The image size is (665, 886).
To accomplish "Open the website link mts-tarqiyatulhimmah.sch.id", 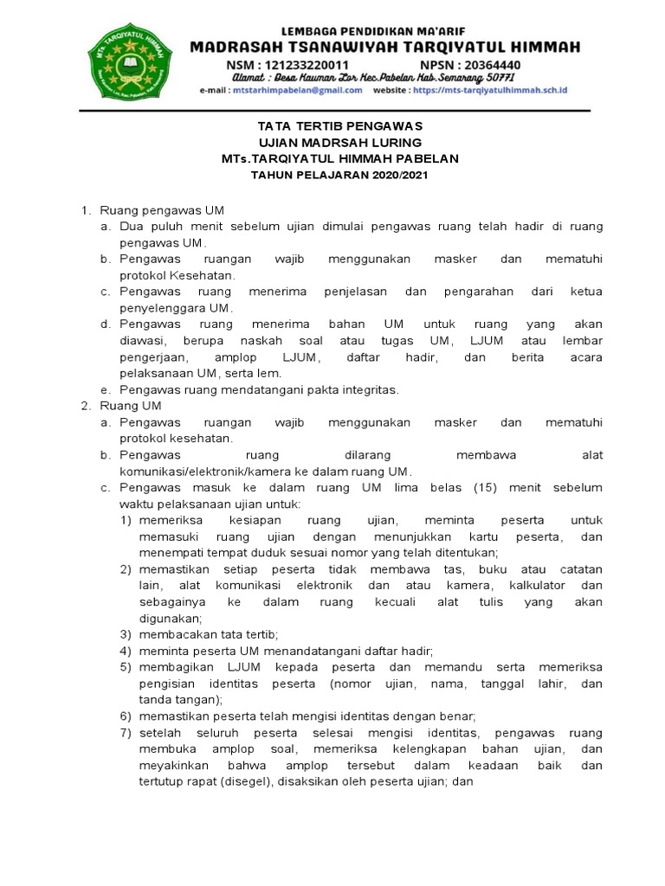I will pyautogui.click(x=489, y=90).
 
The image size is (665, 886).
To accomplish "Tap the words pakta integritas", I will pyautogui.click(x=358, y=390).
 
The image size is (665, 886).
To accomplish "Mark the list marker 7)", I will pyautogui.click(x=125, y=733).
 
